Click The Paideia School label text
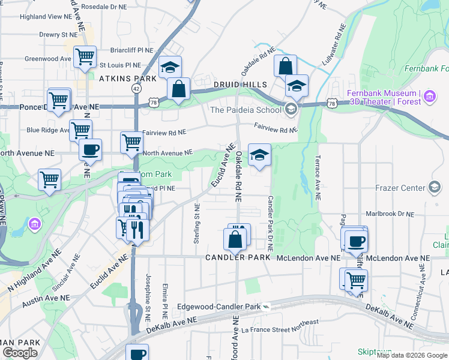pos(246,110)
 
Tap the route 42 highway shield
pos(137,88)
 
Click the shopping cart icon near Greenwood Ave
pos(85,57)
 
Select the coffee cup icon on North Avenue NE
pos(91,149)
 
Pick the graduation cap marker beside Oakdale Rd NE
pos(259,155)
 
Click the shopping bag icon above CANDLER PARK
pos(235,239)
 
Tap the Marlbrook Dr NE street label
pos(390,214)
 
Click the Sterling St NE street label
pos(196,223)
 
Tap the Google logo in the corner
pos(19,353)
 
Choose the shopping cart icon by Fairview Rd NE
pos(131,142)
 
